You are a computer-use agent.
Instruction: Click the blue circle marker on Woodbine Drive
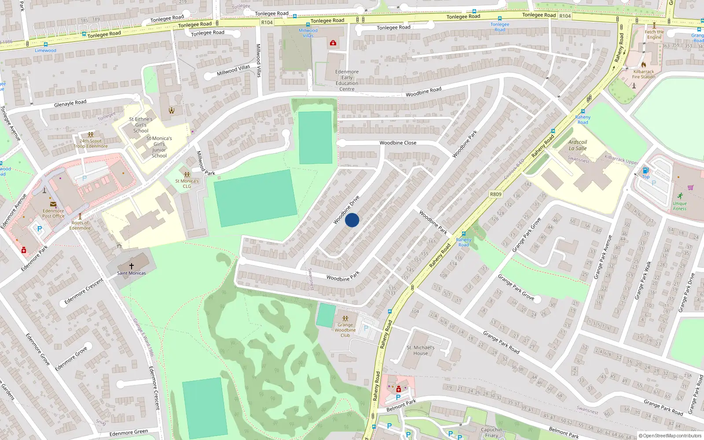352,220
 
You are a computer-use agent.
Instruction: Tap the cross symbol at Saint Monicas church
131,266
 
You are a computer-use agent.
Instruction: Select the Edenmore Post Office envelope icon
53,204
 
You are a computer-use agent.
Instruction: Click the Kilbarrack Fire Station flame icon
644,65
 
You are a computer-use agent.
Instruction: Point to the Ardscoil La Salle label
577,145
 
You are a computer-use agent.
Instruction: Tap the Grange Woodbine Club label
345,330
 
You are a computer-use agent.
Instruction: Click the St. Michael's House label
420,350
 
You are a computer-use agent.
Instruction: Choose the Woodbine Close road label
398,143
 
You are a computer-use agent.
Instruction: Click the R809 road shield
495,194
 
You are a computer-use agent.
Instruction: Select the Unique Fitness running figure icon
680,196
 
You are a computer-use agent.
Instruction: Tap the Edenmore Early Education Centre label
347,80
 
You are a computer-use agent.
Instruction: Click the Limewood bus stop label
46,51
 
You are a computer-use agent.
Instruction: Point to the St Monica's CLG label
187,183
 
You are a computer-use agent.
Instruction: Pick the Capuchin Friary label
491,433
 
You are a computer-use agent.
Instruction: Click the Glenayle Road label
70,103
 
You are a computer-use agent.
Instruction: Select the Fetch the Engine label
654,34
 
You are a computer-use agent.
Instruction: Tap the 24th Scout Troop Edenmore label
91,143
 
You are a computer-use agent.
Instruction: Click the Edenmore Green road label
128,433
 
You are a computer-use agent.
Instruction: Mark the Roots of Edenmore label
80,225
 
